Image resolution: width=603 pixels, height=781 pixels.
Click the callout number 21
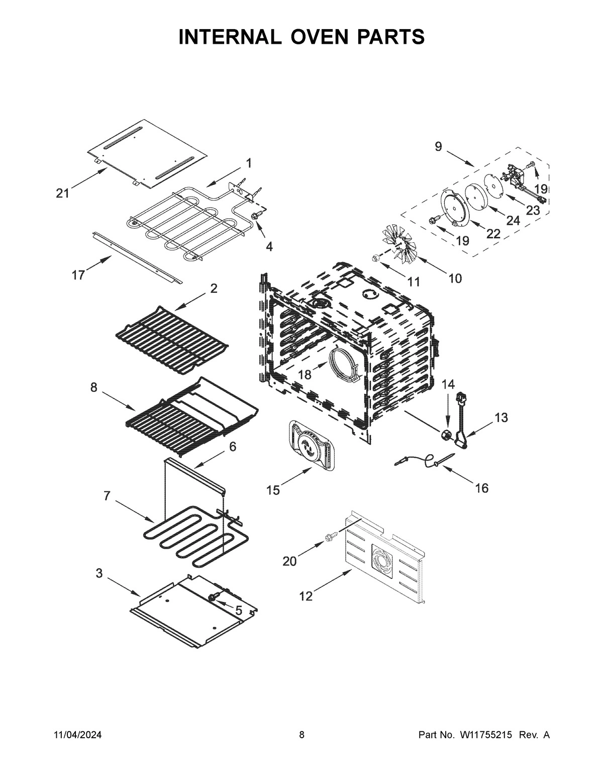(62, 194)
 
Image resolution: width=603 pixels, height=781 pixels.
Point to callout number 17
(78, 276)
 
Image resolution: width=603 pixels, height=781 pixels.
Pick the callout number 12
(306, 596)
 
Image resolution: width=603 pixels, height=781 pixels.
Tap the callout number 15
(273, 490)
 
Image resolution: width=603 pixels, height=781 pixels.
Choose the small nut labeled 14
(445, 435)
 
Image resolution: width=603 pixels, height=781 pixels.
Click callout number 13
(500, 417)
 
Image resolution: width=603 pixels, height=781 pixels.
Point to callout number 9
(438, 147)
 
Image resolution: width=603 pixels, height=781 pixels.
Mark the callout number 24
(513, 220)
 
